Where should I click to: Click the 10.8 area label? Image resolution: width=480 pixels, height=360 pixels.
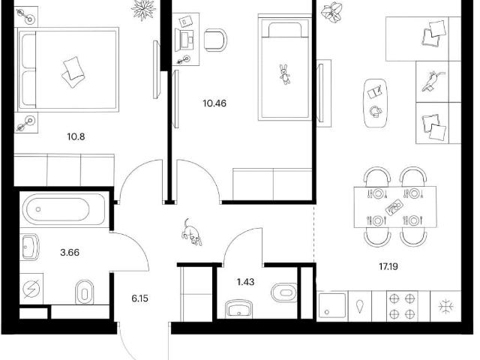tap(76, 136)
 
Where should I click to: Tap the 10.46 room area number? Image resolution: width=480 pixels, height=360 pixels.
tap(214, 103)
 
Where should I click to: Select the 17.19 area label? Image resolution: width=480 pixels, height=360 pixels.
tap(388, 267)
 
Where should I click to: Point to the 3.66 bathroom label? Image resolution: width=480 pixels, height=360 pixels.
tap(70, 253)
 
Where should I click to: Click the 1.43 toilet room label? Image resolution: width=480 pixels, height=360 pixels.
tap(245, 282)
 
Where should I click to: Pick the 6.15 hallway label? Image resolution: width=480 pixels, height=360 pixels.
tap(140, 298)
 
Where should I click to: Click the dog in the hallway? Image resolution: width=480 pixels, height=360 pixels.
tap(192, 232)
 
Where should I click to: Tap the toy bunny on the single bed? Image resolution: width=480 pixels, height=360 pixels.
tap(285, 74)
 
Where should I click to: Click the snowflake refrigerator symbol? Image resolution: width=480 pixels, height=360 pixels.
tap(445, 307)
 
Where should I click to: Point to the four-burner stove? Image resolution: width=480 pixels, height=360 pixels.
tap(402, 306)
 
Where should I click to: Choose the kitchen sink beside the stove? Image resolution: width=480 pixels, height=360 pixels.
tap(332, 306)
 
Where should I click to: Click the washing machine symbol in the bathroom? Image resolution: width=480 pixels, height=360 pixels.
tap(31, 289)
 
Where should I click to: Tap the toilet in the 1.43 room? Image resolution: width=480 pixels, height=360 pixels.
tap(284, 292)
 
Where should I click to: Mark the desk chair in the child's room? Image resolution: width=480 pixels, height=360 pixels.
tap(215, 40)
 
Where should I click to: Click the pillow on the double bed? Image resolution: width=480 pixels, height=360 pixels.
tap(73, 73)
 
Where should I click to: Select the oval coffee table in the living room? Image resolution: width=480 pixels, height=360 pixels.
tap(375, 103)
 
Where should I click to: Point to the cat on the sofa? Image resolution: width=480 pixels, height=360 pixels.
tap(432, 81)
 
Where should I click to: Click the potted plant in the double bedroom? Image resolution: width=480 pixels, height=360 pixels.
tap(143, 9)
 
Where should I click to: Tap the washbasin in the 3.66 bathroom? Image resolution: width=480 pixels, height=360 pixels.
tap(30, 247)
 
